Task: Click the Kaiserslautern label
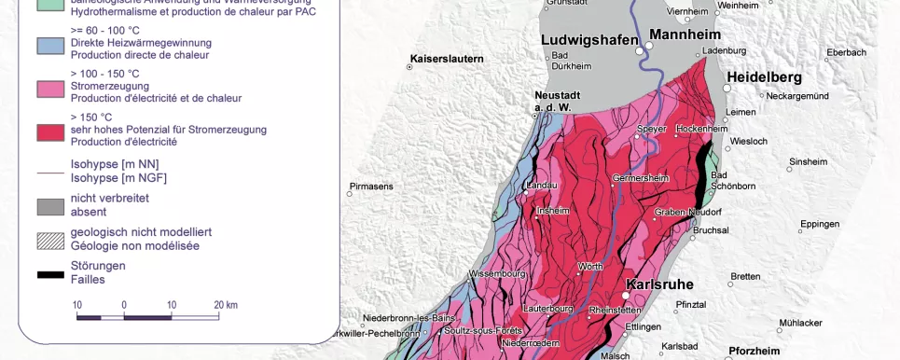tap(447, 59)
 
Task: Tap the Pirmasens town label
tap(370, 187)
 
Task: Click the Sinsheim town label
tap(808, 161)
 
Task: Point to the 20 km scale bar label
tap(225, 305)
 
